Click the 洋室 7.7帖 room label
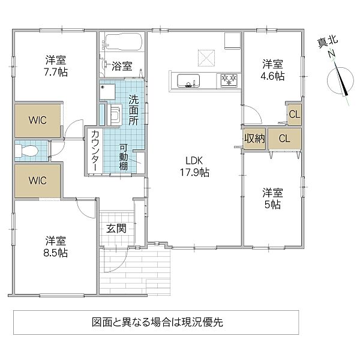tap(56, 65)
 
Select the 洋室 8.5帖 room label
tap(56, 246)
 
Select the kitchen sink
tap(185, 79)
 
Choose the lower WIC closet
tap(38, 179)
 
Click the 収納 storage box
tap(254, 139)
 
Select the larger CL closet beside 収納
tap(285, 139)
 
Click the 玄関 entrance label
tap(116, 228)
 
